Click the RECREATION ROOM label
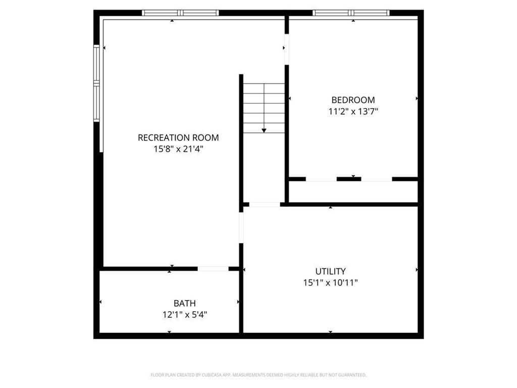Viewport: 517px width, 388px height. click(x=178, y=137)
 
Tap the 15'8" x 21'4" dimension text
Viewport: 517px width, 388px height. click(x=178, y=149)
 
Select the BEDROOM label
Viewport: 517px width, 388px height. click(x=353, y=100)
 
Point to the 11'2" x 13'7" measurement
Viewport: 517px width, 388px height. click(x=353, y=112)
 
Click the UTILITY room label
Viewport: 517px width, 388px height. click(x=330, y=271)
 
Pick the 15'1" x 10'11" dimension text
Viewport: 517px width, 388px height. click(x=330, y=283)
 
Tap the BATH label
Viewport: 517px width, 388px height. click(x=185, y=303)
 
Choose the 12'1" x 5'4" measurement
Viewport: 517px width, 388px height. click(x=185, y=315)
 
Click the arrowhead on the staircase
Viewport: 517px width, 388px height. click(x=264, y=130)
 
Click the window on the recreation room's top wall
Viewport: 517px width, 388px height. click(x=180, y=13)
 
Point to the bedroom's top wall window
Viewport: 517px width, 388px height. click(x=351, y=13)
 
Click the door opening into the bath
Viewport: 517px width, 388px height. click(x=213, y=269)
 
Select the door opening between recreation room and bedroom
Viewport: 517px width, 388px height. click(x=286, y=48)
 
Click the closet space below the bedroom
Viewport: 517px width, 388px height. click(x=353, y=191)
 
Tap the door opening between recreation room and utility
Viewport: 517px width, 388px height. click(x=241, y=227)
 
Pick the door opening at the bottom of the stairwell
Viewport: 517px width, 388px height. click(x=265, y=204)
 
